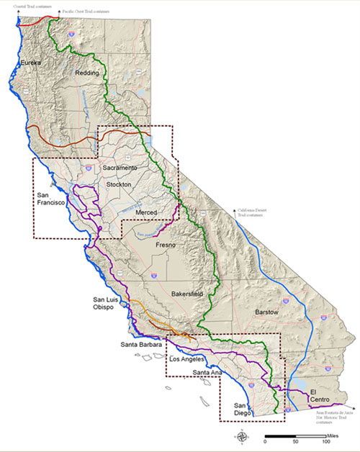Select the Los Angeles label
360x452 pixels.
point(187,358)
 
